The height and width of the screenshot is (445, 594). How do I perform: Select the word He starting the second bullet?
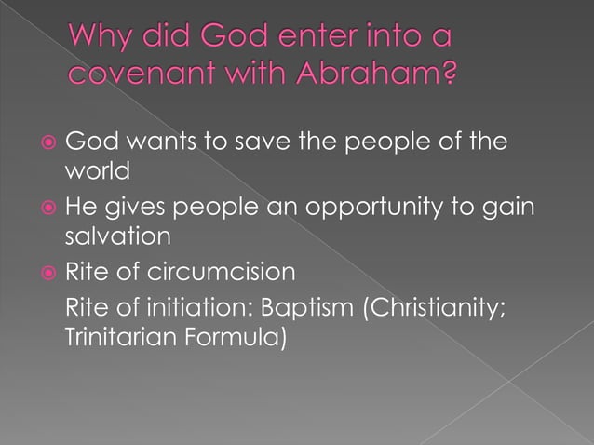pos(76,206)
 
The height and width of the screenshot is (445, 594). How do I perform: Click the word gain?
pos(514,207)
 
